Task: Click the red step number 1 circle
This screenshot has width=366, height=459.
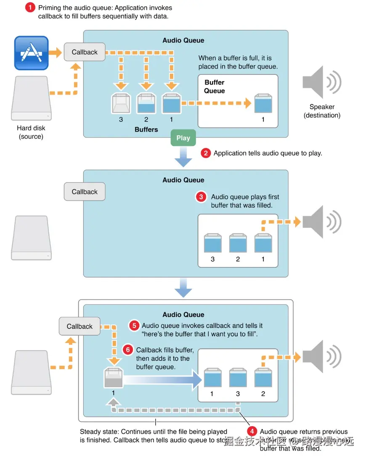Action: click(x=30, y=7)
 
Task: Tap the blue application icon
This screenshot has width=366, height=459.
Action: click(x=32, y=53)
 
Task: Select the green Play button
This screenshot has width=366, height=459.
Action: click(x=183, y=138)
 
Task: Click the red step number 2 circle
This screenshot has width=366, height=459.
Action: click(x=206, y=153)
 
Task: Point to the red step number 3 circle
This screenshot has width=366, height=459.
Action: click(x=201, y=197)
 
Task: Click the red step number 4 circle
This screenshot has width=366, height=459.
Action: click(x=252, y=431)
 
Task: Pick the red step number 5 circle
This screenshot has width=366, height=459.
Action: click(x=134, y=325)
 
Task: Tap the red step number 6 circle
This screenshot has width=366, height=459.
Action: click(x=128, y=350)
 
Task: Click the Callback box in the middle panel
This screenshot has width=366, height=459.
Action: click(x=85, y=192)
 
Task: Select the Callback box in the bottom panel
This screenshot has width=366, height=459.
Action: click(x=80, y=326)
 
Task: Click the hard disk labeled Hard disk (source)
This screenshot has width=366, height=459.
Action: click(x=32, y=99)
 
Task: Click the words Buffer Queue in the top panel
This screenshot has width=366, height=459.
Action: click(x=215, y=87)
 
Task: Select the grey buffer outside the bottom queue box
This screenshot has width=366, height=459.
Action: click(x=114, y=377)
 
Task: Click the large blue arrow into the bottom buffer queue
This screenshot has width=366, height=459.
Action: click(x=164, y=380)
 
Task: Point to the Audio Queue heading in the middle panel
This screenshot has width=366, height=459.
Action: click(x=183, y=180)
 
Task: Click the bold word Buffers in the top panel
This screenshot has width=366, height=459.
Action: click(x=146, y=129)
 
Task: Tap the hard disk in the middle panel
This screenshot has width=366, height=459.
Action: click(x=32, y=237)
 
